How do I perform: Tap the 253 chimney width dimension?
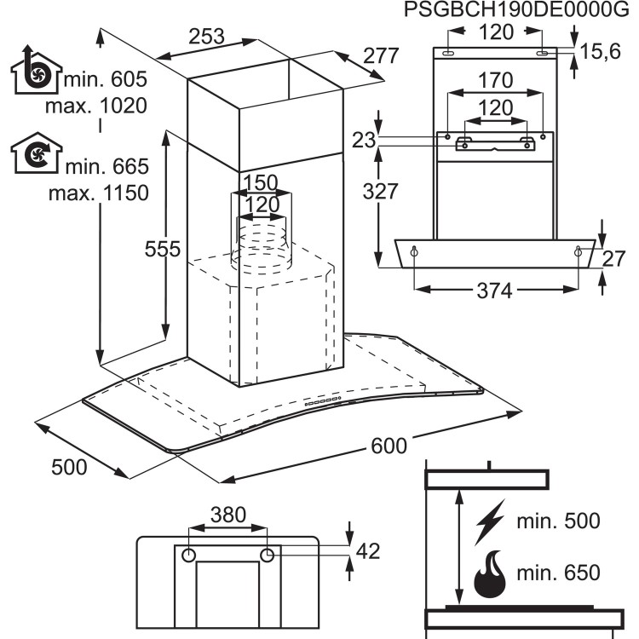coord(207,37)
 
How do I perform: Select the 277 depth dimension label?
coord(381,56)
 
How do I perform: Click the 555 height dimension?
coord(162,249)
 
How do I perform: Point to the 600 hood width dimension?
coord(388,445)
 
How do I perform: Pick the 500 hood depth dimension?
coord(69,467)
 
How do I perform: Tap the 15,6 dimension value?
coord(600,53)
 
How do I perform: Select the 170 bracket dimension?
coord(495,82)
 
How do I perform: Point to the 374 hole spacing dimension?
coord(494,291)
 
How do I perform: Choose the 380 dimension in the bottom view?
coord(228,515)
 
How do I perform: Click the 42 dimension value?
coord(367,552)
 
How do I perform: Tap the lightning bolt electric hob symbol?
coord(490,521)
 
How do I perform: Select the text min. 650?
coord(561,573)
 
